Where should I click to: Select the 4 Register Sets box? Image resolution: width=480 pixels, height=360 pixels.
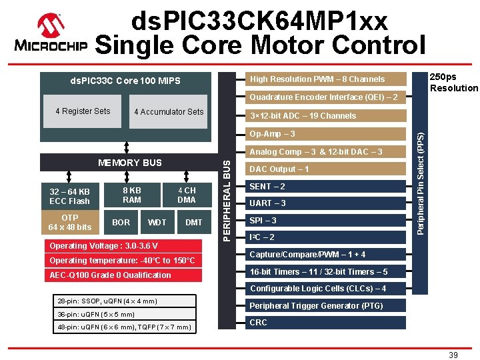pyautogui.click(x=83, y=111)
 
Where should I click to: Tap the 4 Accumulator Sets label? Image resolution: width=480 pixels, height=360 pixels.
pyautogui.click(x=169, y=112)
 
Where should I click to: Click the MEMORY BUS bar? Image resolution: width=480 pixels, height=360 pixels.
pyautogui.click(x=129, y=163)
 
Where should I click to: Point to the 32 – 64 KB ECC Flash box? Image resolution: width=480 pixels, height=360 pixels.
pyautogui.click(x=69, y=196)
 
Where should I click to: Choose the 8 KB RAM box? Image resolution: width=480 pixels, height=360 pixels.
pyautogui.click(x=132, y=195)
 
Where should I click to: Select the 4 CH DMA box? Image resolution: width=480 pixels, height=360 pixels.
pyautogui.click(x=186, y=195)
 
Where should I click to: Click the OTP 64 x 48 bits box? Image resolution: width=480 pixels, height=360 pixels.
pyautogui.click(x=69, y=222)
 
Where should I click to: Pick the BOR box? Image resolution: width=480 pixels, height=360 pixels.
pyautogui.click(x=121, y=222)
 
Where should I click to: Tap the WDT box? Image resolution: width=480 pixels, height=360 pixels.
pyautogui.click(x=157, y=222)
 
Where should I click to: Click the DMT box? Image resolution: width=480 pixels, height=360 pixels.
pyautogui.click(x=193, y=222)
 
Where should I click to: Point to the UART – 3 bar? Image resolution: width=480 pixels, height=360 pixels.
pyautogui.click(x=326, y=203)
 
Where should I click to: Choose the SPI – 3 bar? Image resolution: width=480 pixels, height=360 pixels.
pyautogui.click(x=326, y=221)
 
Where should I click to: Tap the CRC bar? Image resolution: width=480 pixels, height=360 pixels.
pyautogui.click(x=326, y=323)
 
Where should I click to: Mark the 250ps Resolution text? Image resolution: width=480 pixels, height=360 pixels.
pyautogui.click(x=453, y=83)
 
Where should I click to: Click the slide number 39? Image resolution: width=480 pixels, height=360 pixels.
pyautogui.click(x=453, y=355)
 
